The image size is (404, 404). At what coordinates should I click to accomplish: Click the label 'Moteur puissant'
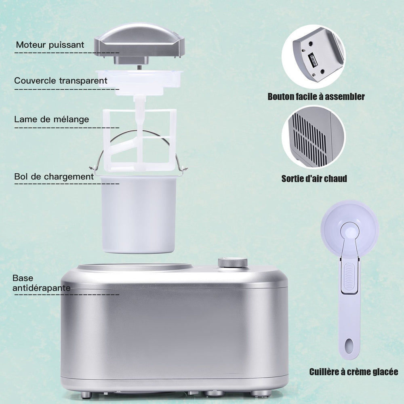(50, 45)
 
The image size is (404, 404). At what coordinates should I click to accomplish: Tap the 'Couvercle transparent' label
(61, 81)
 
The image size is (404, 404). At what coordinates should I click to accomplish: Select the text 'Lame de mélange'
(52, 119)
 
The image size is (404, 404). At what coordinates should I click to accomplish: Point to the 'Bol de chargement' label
(54, 177)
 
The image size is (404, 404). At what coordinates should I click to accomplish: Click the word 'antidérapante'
(42, 288)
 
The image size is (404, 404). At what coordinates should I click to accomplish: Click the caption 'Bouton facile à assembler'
(316, 97)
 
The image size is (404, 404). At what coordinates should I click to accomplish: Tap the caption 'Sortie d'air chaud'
(314, 179)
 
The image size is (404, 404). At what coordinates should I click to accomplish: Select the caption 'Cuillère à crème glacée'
(353, 372)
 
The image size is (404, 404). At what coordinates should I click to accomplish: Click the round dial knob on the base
(233, 263)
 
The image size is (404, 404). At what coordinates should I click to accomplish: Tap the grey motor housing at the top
(139, 41)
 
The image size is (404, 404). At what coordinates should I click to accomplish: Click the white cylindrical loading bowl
(138, 214)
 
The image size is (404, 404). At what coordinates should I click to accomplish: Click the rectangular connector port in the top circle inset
(312, 60)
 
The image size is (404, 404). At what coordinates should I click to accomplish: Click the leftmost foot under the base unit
(86, 394)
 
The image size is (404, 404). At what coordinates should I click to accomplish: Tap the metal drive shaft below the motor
(139, 67)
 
